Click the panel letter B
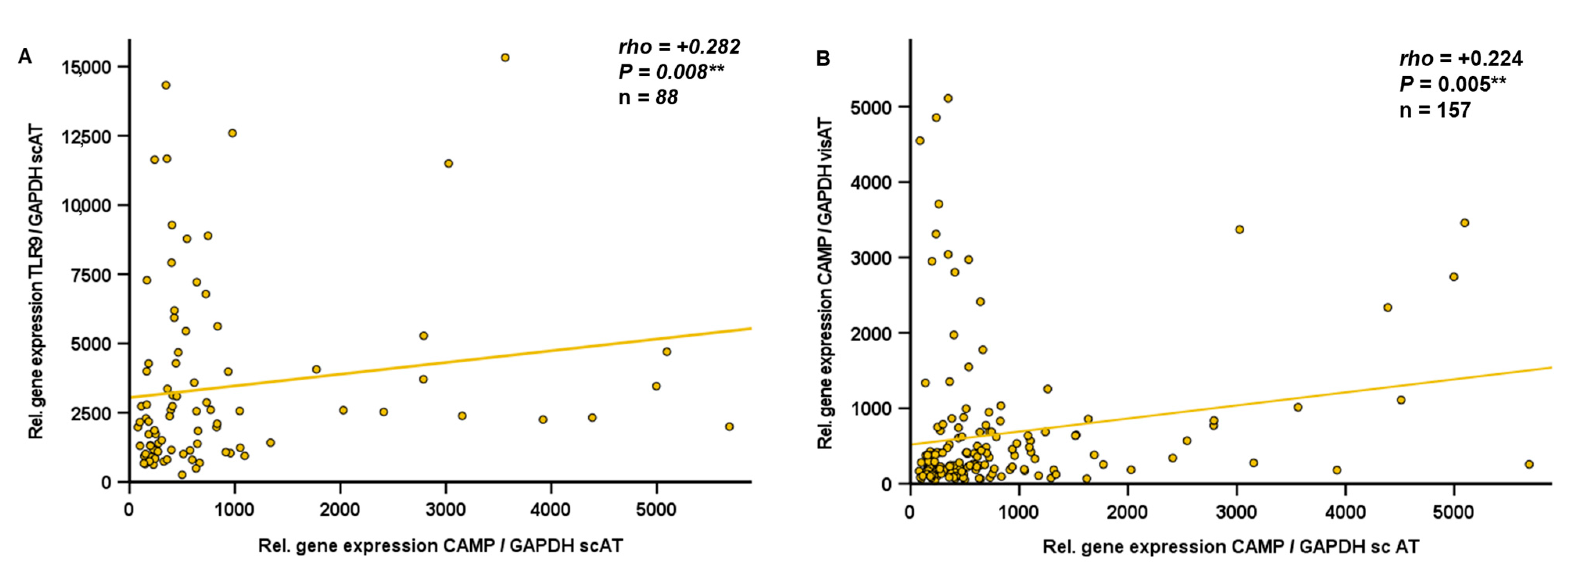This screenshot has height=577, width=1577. (823, 59)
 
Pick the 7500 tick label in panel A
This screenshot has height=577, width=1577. (91, 275)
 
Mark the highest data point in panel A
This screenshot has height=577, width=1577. (505, 57)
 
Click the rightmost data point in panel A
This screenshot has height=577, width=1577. (729, 426)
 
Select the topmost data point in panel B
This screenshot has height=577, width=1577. (948, 99)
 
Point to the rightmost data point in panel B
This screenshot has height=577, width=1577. (1529, 464)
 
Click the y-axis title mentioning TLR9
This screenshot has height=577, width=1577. (37, 281)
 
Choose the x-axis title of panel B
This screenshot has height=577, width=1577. (1231, 547)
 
